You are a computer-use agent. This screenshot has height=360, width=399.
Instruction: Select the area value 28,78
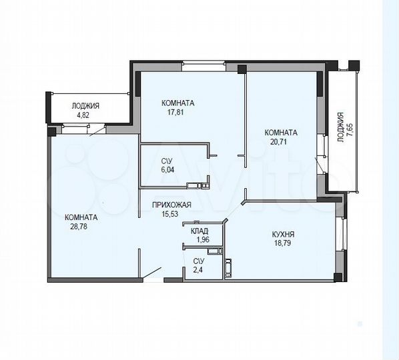[81, 227]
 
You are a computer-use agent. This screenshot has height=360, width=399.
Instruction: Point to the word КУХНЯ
[284, 235]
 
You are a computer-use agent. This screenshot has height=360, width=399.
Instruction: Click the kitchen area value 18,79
[284, 244]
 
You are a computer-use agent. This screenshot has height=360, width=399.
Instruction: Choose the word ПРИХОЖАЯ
[172, 205]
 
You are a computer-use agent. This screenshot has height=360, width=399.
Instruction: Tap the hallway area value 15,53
[172, 214]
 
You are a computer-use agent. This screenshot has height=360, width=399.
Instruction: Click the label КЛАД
[199, 231]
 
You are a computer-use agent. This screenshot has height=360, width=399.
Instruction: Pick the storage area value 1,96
[199, 239]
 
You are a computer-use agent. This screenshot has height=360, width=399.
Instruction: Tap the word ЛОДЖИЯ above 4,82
[86, 105]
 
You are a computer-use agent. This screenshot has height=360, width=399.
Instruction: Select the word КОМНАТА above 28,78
[81, 217]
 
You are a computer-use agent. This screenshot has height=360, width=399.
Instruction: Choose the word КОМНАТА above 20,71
[281, 132]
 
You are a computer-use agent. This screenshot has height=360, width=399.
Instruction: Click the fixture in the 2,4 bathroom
[227, 269]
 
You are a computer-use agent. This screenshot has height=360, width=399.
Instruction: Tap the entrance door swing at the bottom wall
[151, 273]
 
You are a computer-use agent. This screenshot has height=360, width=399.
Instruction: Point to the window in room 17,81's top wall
[204, 66]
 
